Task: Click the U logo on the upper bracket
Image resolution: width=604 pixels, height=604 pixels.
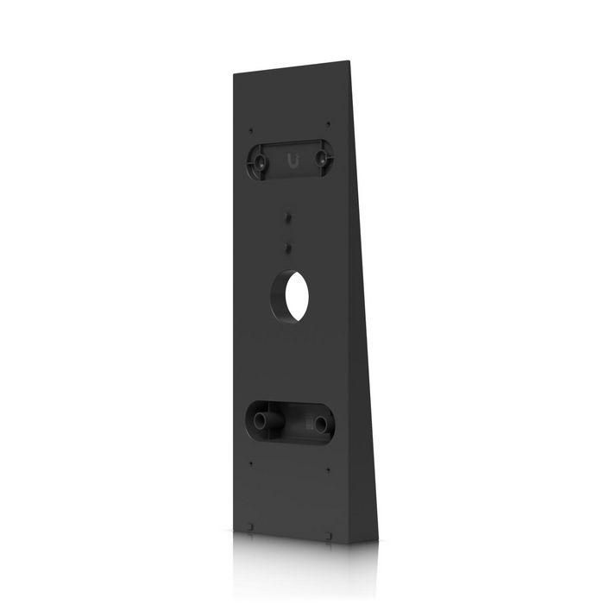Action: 290,158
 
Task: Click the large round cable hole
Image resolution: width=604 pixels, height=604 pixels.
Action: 291,296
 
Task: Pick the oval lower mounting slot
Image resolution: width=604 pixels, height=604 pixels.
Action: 290,422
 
